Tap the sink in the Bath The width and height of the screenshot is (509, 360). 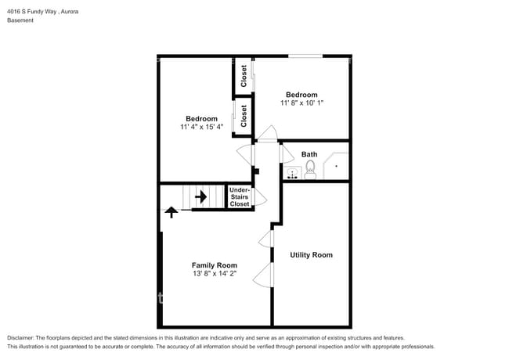292,173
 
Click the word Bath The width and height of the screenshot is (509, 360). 309,154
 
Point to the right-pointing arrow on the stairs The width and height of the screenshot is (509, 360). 200,196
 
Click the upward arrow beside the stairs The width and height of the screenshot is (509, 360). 171,211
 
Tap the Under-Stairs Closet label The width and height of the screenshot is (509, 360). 240,196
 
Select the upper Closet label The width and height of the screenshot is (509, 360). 244,76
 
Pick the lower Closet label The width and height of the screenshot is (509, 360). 244,116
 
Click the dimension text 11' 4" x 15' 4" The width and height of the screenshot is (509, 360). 201,127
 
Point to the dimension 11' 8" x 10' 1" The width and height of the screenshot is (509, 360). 301,103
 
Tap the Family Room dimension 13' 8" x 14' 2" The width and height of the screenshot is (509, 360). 215,275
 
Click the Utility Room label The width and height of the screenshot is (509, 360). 311,254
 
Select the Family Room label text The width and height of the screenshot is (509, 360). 215,265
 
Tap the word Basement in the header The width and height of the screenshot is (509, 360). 20,20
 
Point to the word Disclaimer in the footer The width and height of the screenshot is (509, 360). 23,337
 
